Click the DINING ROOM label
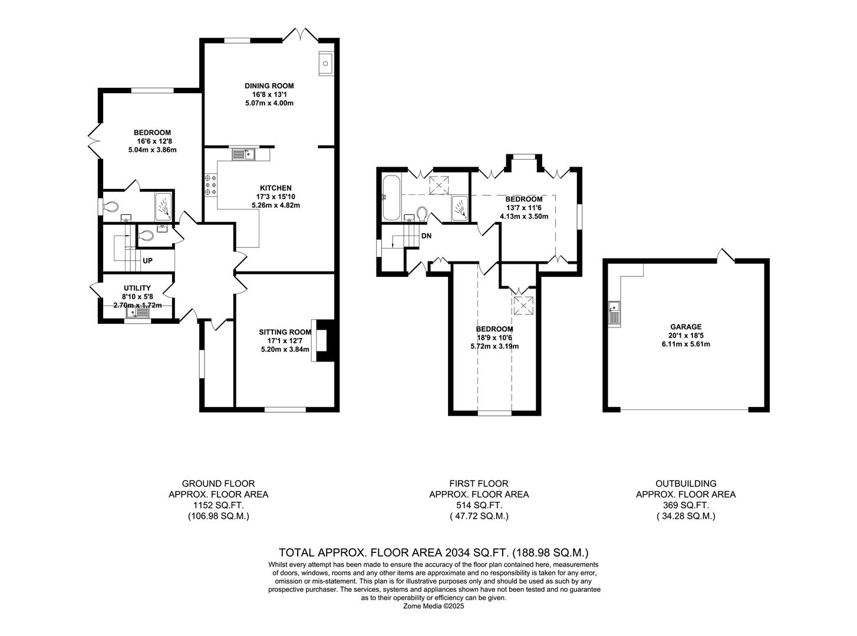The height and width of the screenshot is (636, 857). [269, 86]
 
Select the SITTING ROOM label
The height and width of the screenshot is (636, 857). [285, 332]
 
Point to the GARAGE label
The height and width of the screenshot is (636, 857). [685, 327]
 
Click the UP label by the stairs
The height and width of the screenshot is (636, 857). [147, 260]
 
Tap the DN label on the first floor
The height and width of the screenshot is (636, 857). [427, 236]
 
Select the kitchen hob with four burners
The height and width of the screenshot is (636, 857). [210, 184]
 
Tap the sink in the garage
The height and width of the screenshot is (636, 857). [614, 313]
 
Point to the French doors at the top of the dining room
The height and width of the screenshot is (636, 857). [301, 34]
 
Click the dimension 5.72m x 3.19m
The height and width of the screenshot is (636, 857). [495, 346]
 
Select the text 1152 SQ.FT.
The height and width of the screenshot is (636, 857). [218, 505]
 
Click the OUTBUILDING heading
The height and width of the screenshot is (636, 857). [685, 483]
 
